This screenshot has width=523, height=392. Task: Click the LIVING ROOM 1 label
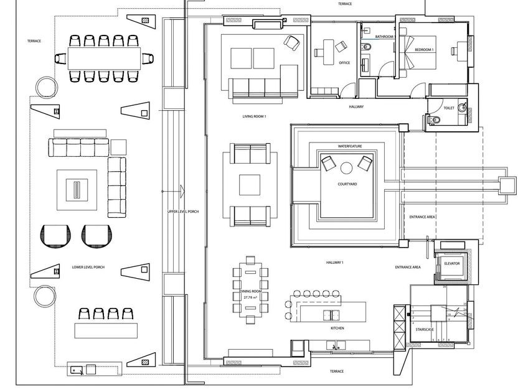(254, 116)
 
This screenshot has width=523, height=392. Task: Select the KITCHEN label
(337, 328)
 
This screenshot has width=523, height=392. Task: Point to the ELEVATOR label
(452, 264)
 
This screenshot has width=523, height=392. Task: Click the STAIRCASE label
(426, 329)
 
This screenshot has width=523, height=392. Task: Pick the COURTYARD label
(347, 184)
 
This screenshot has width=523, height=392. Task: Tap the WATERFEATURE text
(350, 146)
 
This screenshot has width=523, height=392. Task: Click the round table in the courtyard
(346, 167)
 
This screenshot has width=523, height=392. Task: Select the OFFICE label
(344, 63)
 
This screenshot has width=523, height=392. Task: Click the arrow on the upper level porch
(181, 190)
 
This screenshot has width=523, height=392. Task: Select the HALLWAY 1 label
(336, 263)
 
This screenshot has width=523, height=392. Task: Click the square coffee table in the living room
(250, 185)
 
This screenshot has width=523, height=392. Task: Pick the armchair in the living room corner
(291, 42)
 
